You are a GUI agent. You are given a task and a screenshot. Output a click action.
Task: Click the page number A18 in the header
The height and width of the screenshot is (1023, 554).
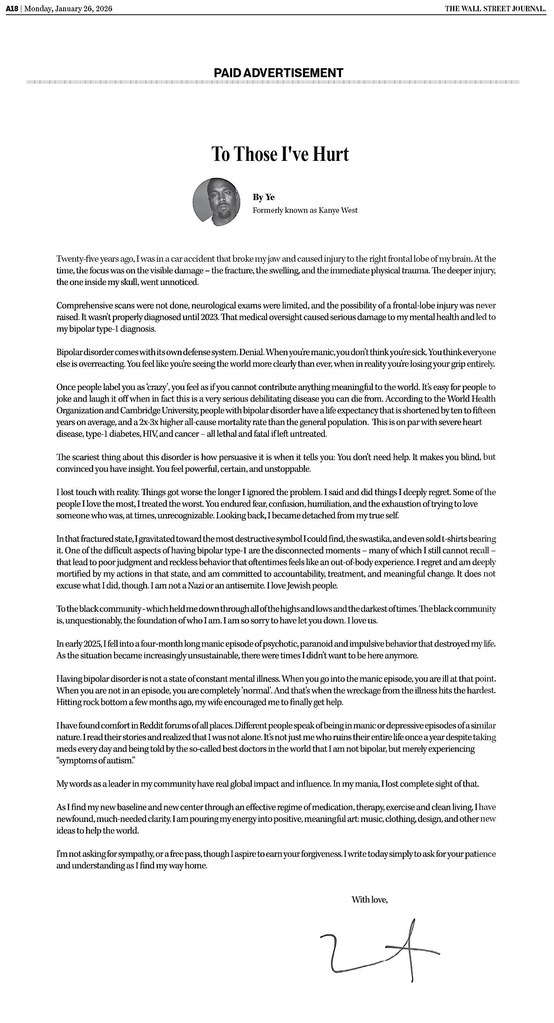tap(12, 9)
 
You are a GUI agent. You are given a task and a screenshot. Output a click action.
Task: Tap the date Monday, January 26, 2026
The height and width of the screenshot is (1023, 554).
tap(68, 9)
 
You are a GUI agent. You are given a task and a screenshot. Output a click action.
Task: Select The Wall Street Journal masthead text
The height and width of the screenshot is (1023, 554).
tap(495, 9)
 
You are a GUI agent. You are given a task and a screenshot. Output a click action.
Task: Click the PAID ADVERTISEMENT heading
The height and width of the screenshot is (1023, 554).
tap(278, 73)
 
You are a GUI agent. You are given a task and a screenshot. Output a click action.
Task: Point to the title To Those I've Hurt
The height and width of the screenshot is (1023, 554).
tap(280, 154)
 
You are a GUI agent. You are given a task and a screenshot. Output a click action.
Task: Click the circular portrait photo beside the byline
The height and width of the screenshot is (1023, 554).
tap(216, 202)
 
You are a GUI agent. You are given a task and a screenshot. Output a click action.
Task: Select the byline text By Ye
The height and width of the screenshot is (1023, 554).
tap(263, 197)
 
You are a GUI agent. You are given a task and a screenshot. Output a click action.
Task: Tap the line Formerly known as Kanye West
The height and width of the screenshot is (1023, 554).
tap(305, 210)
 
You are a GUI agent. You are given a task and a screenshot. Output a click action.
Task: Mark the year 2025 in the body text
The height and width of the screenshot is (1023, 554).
tap(94, 643)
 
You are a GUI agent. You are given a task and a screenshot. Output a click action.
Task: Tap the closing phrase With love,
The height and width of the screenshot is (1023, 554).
tap(369, 899)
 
